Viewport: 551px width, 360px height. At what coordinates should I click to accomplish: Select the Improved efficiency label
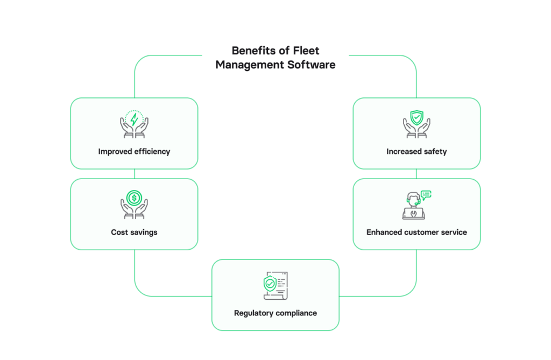(134, 152)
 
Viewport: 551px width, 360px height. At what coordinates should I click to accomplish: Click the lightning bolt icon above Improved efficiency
(134, 119)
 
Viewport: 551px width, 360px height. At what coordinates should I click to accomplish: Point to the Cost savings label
(134, 232)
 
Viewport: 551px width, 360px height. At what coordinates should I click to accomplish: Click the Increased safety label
(416, 152)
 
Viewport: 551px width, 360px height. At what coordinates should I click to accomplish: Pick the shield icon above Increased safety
(416, 118)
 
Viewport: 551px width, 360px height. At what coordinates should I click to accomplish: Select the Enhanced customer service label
(416, 232)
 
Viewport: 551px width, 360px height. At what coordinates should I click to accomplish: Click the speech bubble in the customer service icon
(426, 194)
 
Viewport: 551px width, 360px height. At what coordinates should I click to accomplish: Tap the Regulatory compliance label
(275, 313)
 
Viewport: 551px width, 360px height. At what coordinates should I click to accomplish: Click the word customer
(422, 232)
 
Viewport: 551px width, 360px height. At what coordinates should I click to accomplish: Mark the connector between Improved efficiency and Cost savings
(134, 174)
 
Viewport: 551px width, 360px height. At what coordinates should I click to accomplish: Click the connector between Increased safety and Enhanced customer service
(416, 174)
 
